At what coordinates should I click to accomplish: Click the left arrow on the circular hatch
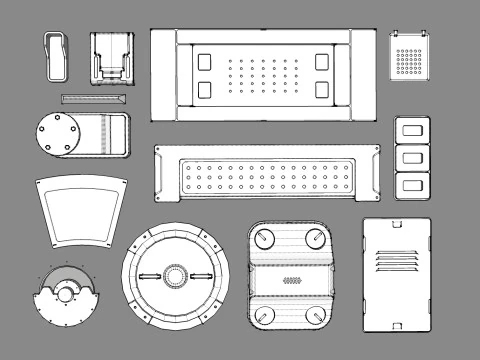(149, 276)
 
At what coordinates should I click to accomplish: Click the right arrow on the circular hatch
(203, 276)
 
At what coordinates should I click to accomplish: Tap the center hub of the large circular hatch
(176, 276)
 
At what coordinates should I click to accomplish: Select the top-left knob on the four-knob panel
(266, 239)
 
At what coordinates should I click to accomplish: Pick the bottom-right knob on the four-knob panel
(317, 316)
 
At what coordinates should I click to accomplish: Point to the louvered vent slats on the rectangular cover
(396, 260)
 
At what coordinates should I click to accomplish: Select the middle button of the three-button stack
(410, 157)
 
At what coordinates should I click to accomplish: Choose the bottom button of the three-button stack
(410, 184)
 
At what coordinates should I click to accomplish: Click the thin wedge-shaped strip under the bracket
(93, 99)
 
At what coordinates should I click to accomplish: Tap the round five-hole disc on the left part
(59, 134)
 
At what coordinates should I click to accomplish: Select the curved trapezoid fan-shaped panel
(82, 211)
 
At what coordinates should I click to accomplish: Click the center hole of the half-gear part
(67, 294)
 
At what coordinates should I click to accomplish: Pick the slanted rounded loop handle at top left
(56, 56)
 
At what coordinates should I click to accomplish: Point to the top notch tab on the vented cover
(396, 223)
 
